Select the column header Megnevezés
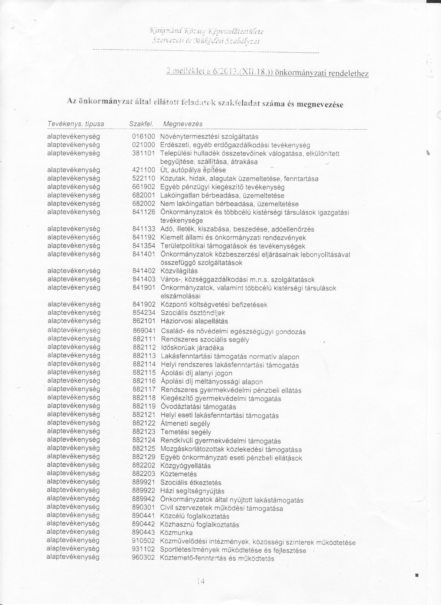183,124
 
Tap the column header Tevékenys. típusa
76,124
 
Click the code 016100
144,137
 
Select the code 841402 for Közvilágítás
144,271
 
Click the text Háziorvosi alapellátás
195,321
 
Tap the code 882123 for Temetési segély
144,432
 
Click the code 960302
144,557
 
